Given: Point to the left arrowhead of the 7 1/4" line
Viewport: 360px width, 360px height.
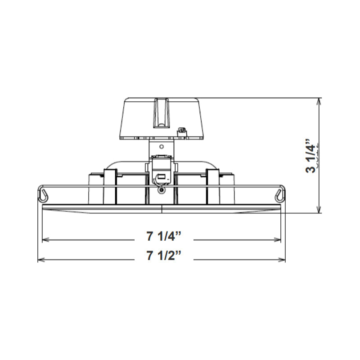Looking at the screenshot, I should (45, 240).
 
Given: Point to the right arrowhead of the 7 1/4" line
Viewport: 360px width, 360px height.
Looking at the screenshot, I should (279, 240).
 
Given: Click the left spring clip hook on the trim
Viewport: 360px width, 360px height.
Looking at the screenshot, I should (44, 194).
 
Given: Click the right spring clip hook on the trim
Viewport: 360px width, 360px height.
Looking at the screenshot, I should (279, 194).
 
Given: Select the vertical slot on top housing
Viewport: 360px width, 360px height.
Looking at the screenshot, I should (161, 113).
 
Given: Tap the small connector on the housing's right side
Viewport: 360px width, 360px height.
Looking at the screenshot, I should (182, 130).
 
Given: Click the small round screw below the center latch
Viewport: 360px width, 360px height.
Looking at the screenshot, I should (162, 191).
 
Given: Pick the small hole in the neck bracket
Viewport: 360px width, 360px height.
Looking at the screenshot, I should (161, 145).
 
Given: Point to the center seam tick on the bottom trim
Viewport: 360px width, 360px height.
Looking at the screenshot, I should (162, 207).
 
